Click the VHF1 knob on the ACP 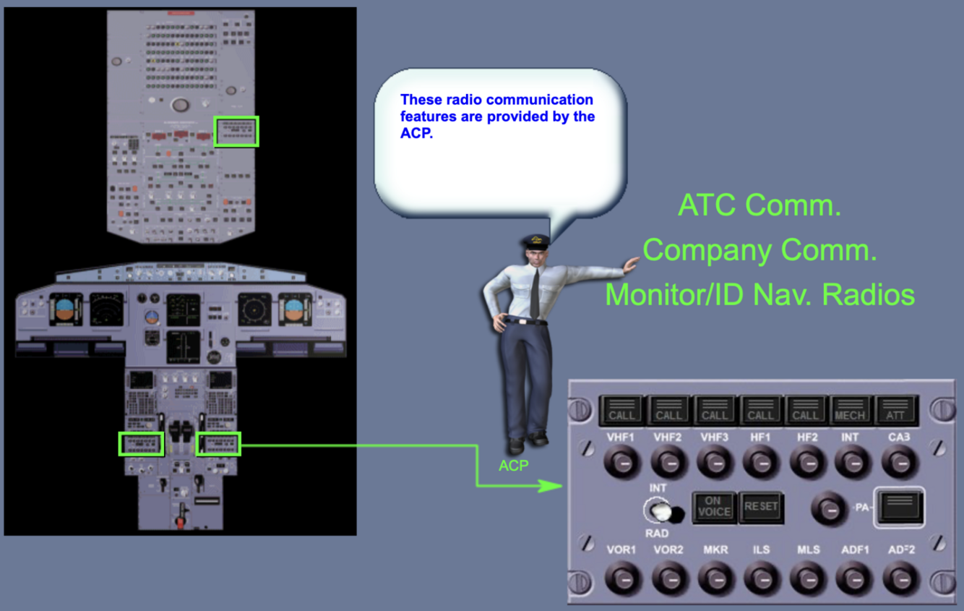tap(622, 462)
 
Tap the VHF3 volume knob tap(715, 462)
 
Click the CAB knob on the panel tap(899, 462)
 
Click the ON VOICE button tap(713, 507)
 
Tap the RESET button tap(761, 507)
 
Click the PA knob tap(830, 508)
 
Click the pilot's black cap tap(536, 242)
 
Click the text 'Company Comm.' tap(759, 250)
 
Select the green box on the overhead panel tap(236, 131)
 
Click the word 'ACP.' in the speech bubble tap(416, 134)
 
